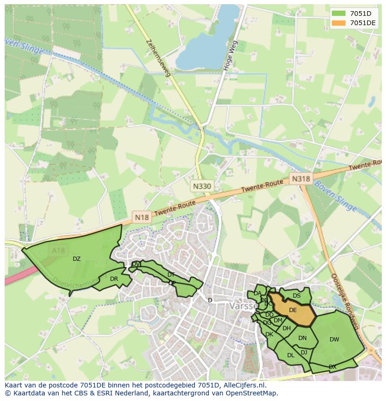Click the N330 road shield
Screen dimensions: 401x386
pyautogui.click(x=202, y=186)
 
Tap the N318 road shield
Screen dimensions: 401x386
pyautogui.click(x=301, y=178)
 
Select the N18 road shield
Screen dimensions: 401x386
pyautogui.click(x=142, y=217)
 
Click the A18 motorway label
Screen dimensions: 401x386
pyautogui.click(x=59, y=251)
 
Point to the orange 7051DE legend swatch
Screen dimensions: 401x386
pyautogui.click(x=338, y=23)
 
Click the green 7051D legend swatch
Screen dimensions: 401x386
pyautogui.click(x=338, y=13)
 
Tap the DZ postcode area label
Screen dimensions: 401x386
pyautogui.click(x=76, y=259)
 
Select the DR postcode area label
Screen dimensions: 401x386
pyautogui.click(x=114, y=279)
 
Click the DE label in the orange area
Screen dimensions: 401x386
pyautogui.click(x=293, y=310)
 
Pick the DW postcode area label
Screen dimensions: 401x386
pyautogui.click(x=334, y=340)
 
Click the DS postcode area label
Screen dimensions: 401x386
pyautogui.click(x=296, y=296)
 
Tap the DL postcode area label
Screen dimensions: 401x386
pyautogui.click(x=290, y=355)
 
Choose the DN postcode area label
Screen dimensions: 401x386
pyautogui.click(x=303, y=338)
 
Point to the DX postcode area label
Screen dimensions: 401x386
pyautogui.click(x=332, y=367)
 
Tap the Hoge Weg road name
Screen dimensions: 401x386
pyautogui.click(x=230, y=55)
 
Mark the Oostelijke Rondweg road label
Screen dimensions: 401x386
pyautogui.click(x=344, y=300)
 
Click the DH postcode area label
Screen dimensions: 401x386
pyautogui.click(x=286, y=328)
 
